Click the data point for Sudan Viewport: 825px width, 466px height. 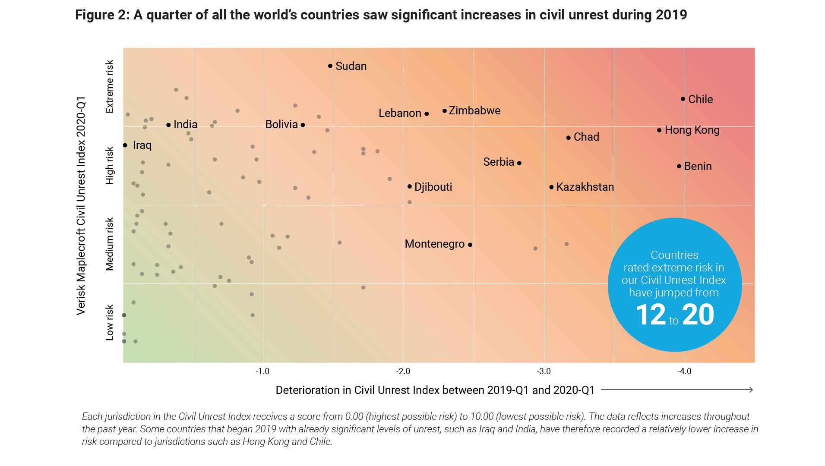coord(330,66)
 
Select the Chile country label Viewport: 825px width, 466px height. coord(700,99)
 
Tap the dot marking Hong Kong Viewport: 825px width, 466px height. coord(659,130)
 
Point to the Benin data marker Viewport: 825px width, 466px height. coord(679,166)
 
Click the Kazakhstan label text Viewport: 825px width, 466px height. coord(585,187)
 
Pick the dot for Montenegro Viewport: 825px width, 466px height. coord(470,245)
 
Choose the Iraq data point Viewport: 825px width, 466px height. coord(125,145)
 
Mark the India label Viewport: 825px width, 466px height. coord(185,125)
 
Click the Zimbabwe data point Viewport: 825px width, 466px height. coord(445,111)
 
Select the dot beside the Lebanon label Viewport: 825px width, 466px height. coord(427,114)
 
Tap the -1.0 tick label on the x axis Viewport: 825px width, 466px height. coord(262,372)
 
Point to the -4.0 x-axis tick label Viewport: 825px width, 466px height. coord(684,372)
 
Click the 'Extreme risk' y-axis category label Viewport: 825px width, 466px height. coord(110,87)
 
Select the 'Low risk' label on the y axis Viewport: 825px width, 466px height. coord(110,322)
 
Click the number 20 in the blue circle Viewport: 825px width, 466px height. coord(698,315)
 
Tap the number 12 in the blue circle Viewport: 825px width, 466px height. coord(651,315)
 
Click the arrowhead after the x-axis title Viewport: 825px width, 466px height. coord(751,390)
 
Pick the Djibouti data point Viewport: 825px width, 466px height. coord(410,186)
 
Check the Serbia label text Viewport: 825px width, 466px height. coord(499,162)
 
